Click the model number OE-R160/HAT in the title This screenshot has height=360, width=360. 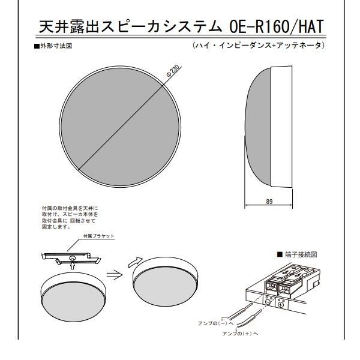[x=277, y=26]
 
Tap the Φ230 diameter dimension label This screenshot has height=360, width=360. [x=173, y=71]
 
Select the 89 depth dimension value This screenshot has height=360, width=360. [x=269, y=202]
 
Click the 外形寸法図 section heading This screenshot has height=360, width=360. [x=56, y=46]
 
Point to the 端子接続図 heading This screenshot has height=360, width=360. [x=301, y=254]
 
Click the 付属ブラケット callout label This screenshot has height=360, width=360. [x=99, y=236]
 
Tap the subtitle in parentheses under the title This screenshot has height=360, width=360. [x=259, y=45]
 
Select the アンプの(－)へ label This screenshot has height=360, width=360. [x=215, y=323]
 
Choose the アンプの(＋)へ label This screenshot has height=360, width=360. [x=240, y=334]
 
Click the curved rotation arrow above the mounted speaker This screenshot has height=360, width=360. [x=136, y=262]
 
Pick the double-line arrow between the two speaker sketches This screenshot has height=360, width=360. [x=114, y=274]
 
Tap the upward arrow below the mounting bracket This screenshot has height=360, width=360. [x=73, y=265]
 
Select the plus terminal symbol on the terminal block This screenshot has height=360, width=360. [x=281, y=305]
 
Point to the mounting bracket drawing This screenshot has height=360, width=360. [x=71, y=258]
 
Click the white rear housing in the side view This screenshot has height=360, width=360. [x=281, y=127]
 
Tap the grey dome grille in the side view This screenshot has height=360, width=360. [x=258, y=127]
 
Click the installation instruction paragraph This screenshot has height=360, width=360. [x=70, y=218]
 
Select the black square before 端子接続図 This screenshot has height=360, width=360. [x=280, y=254]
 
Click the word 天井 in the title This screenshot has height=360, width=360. [x=54, y=26]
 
